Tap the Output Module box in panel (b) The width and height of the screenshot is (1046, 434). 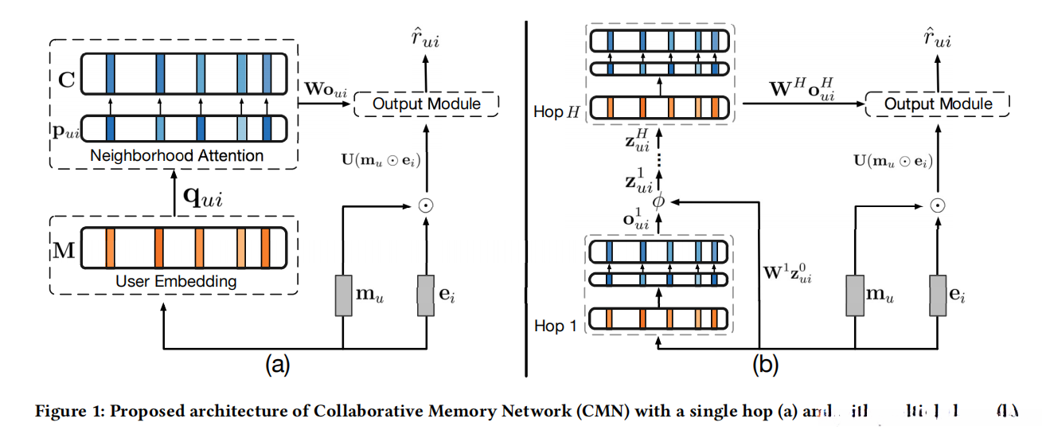[937, 104]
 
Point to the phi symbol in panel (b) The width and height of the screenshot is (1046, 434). [658, 202]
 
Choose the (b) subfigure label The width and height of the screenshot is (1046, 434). [765, 366]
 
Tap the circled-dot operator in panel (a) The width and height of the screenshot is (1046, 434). [426, 205]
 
